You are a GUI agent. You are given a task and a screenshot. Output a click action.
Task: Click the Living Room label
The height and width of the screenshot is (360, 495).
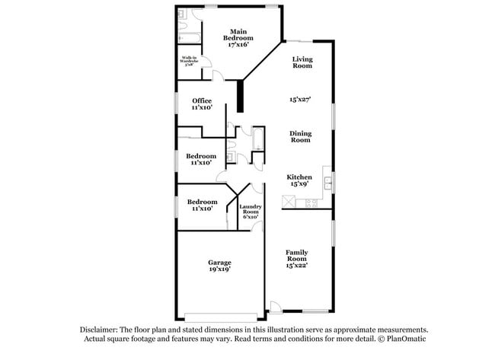pos(303,62)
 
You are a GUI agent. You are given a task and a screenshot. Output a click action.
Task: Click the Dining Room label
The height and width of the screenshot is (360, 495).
pos(300,136)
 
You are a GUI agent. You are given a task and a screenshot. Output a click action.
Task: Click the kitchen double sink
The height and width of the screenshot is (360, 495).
pos(328,183)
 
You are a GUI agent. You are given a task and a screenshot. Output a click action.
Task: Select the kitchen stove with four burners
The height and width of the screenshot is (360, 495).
pos(310,202)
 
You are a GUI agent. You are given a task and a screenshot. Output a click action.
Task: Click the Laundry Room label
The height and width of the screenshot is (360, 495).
pos(251,212)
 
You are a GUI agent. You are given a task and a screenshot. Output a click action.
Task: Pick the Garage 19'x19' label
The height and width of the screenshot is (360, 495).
pos(220,266)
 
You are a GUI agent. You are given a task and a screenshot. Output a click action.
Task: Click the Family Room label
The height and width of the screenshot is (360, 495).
pos(298,257)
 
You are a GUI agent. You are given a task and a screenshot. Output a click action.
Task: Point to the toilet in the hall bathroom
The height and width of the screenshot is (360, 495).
pos(241,158)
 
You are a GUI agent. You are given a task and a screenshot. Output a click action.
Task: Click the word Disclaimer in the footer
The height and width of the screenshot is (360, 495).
pos(102,330)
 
